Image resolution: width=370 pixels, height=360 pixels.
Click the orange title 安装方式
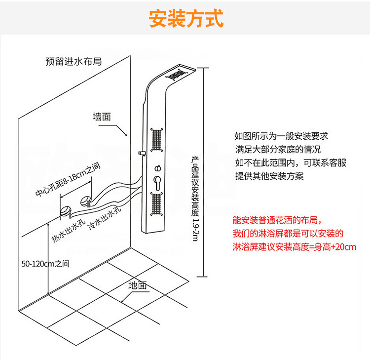coord(186,18)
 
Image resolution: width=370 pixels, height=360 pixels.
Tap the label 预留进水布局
coord(74,61)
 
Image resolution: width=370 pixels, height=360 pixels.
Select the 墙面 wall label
coord(102,117)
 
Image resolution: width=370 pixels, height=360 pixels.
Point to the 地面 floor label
coord(138,285)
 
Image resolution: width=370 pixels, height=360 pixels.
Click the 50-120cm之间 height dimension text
coord(45,264)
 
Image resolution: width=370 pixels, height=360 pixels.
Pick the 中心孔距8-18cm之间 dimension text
coord(68,179)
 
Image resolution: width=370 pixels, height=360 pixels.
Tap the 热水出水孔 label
coord(69,231)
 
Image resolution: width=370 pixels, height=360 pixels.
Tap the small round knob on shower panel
coord(158,168)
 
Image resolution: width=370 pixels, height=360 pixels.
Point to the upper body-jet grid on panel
coord(157,140)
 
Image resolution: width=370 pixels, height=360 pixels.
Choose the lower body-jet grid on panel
coord(157,204)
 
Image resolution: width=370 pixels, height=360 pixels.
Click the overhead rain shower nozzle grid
coord(176,75)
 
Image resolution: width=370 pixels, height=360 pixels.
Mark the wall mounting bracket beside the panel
coord(142,153)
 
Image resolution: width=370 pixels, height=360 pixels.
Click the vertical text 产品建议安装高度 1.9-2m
coord(195,199)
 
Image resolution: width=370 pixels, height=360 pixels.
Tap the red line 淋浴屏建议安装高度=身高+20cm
coord(294,247)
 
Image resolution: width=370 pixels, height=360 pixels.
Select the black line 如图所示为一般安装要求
coord(281,136)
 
